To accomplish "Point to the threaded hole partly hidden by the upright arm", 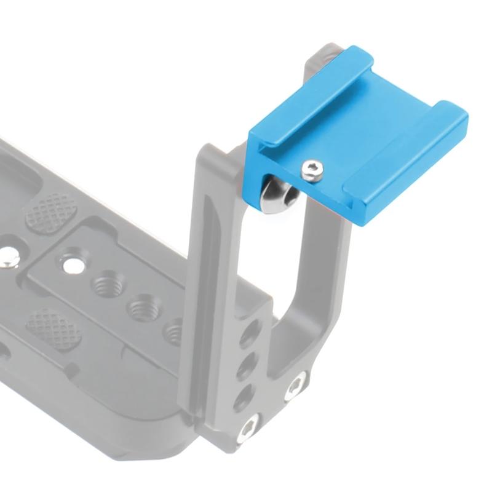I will (x=174, y=332).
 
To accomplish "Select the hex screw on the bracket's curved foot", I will (x=295, y=387).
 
